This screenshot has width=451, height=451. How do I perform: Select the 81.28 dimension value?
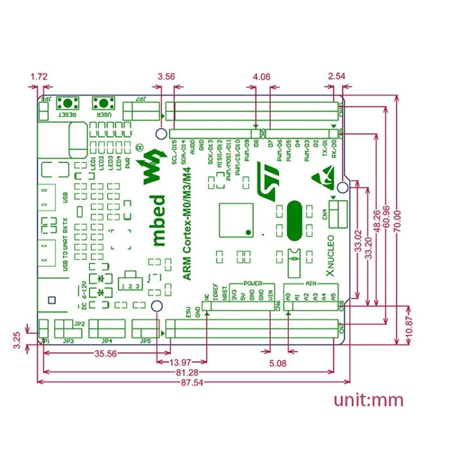185,373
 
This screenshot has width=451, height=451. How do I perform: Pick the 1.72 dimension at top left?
38,78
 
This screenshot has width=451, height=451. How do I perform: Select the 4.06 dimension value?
262,77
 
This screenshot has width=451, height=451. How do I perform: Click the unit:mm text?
368,400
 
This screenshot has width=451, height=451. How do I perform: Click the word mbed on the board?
157,220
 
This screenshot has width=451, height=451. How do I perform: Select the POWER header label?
252,283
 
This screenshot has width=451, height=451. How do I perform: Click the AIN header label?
311,283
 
